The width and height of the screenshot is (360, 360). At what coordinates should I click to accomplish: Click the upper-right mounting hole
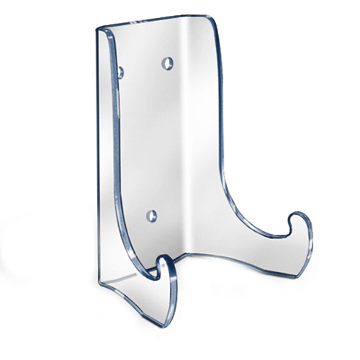pos(168,63)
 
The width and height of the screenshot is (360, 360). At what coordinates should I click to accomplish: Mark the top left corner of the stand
pos(98,30)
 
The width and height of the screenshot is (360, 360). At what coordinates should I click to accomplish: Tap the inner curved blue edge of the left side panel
pos(117,144)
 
